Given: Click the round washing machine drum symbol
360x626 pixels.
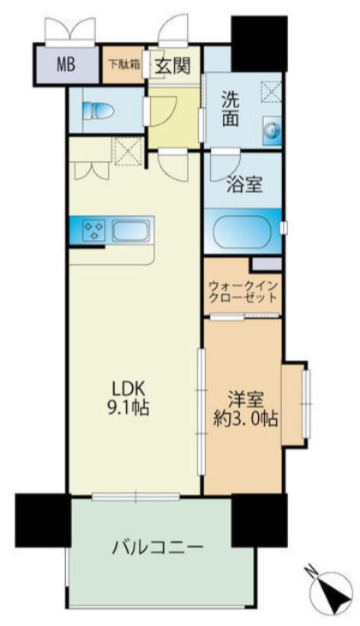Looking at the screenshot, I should [x=272, y=129].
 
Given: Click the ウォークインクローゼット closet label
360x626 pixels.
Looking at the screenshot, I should [x=243, y=292].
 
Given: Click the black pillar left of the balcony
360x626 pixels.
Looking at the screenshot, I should [x=41, y=520].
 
